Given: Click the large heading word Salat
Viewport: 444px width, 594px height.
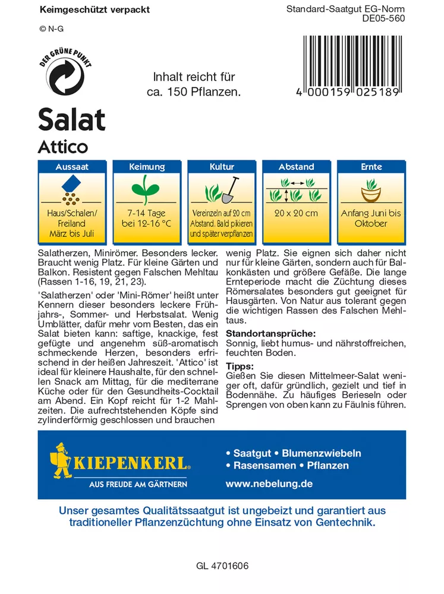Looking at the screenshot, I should pos(72,119).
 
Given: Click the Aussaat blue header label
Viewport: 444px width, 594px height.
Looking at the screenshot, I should pos(72,168).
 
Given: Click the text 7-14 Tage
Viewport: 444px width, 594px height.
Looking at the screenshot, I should pos(147,213).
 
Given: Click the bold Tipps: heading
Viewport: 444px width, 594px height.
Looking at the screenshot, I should pos(240,366).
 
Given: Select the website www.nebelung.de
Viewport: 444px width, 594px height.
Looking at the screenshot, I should pos(269,484).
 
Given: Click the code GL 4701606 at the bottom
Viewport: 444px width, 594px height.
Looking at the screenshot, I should pos(222,567).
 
